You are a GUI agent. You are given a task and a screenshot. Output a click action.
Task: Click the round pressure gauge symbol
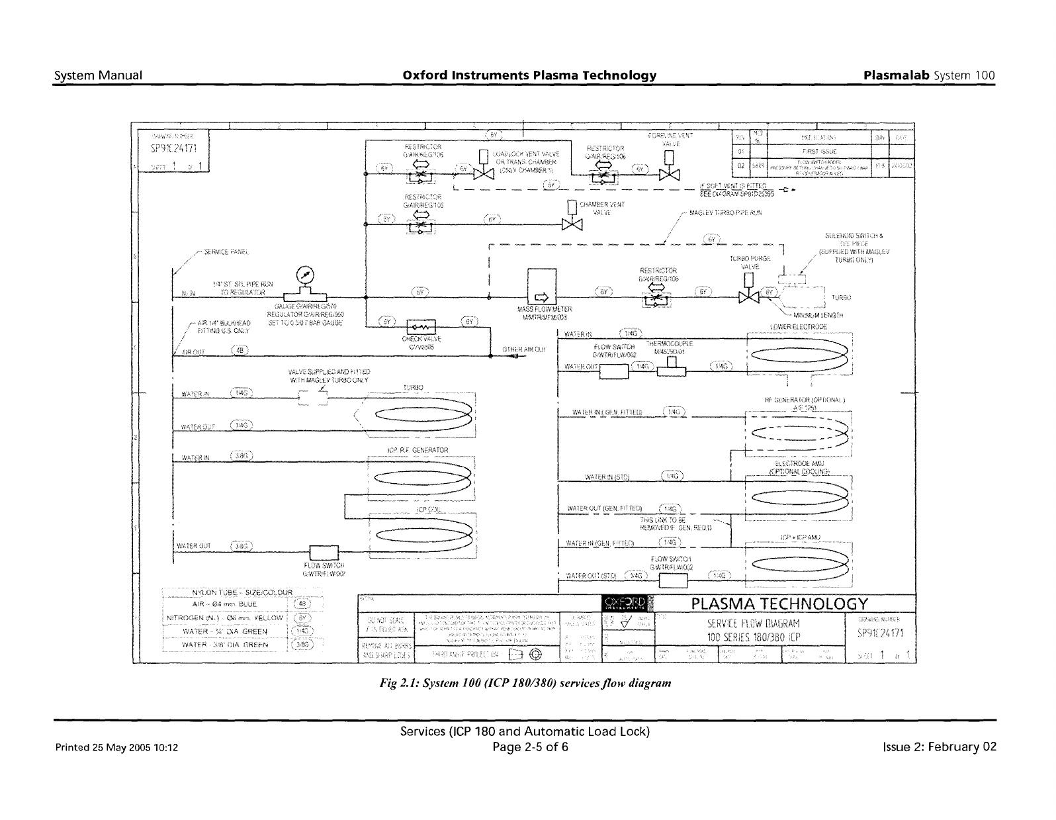tap(306, 273)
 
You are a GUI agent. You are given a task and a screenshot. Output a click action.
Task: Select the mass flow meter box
tap(541, 287)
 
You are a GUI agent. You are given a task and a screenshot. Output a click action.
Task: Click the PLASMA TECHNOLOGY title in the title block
tap(779, 604)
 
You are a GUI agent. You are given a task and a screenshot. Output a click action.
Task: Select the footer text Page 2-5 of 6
tap(524, 747)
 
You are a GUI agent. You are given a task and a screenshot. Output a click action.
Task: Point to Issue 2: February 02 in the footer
tap(939, 747)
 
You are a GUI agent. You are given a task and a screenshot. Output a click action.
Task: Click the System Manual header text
tap(98, 75)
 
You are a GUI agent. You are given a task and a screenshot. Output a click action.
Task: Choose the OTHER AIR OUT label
tap(524, 349)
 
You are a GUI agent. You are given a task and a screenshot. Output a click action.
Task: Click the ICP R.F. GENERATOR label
tap(417, 450)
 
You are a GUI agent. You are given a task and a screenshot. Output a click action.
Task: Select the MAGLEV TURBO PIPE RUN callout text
tap(725, 213)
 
